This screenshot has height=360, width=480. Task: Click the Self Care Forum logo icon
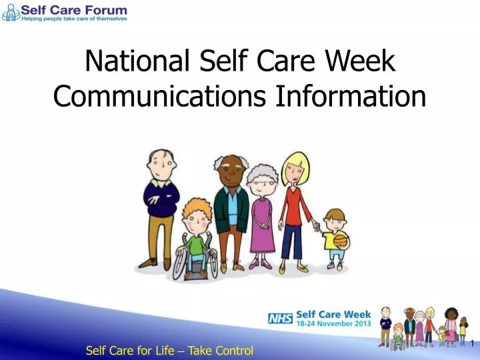point(10,12)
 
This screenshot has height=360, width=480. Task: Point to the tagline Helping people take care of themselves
point(73,19)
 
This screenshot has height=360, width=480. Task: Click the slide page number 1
point(472,344)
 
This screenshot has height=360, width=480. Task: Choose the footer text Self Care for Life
point(133,351)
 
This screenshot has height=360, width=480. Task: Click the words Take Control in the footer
point(221,351)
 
